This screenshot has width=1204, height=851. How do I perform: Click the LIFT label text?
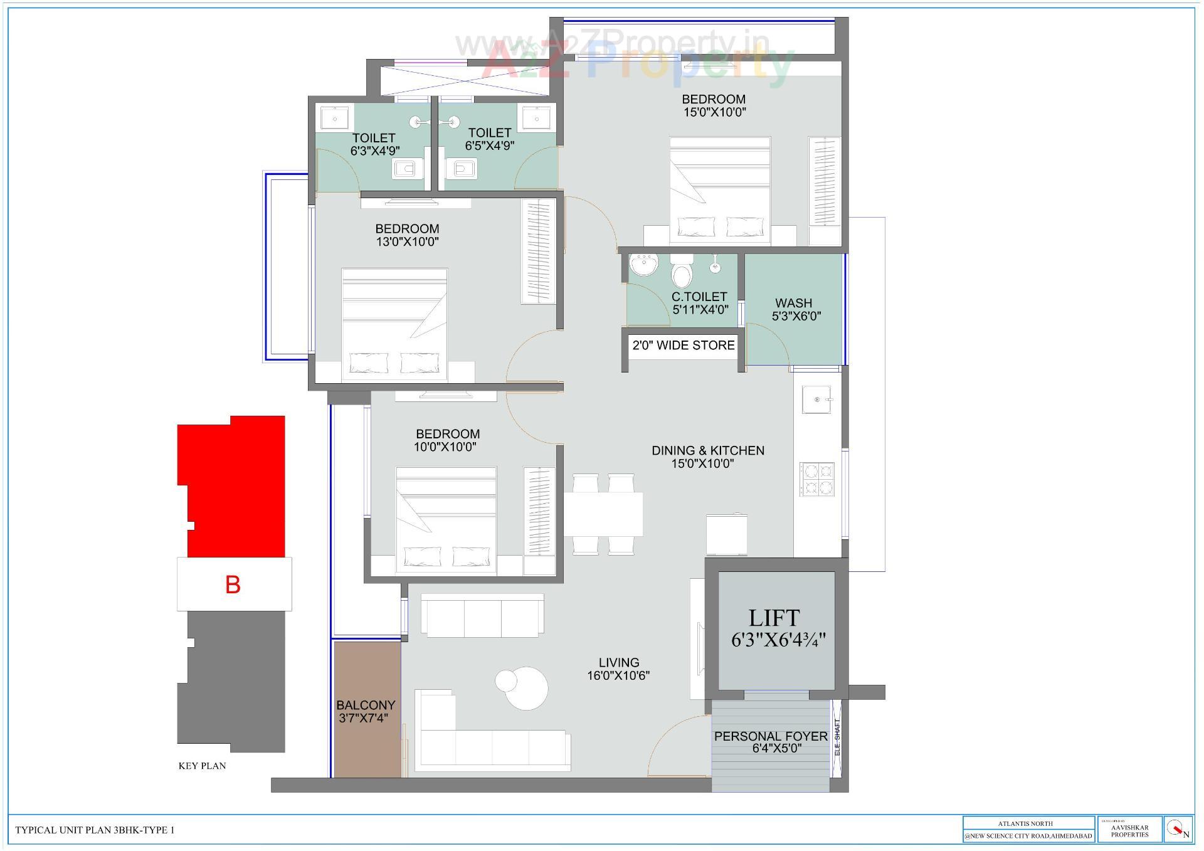point(774,618)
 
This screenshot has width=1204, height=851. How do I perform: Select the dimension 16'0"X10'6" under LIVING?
point(618,675)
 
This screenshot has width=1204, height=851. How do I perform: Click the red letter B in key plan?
point(233,584)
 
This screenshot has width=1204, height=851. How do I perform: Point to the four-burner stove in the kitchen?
point(816,479)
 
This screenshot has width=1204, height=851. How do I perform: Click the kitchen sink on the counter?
point(816,399)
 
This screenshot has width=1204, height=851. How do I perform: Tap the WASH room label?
point(793,303)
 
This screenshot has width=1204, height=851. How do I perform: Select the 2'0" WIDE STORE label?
point(684,345)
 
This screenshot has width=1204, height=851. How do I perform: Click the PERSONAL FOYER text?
point(771,736)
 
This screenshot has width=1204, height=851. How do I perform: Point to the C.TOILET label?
point(699,297)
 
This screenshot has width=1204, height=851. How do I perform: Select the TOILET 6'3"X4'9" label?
point(374,144)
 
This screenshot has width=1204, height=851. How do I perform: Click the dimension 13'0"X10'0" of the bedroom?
point(407,242)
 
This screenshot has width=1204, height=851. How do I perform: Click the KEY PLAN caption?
point(202,766)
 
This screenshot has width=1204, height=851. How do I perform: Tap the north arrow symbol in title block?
point(1178,830)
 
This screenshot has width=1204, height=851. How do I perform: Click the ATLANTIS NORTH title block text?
point(1026,823)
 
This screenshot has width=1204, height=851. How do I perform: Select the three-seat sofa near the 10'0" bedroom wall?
point(482,616)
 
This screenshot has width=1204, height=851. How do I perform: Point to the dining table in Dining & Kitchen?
point(603,514)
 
